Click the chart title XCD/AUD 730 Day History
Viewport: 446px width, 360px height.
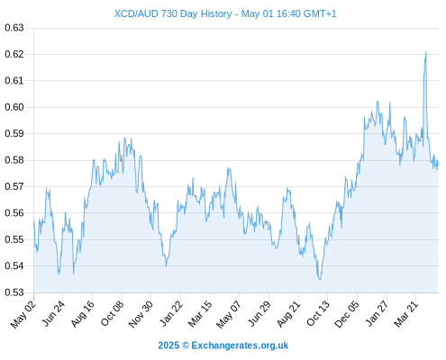(173, 13)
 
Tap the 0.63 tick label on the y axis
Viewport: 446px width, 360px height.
(14, 28)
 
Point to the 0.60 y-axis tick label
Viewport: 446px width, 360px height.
(14, 107)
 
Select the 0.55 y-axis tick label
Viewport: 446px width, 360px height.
(14, 239)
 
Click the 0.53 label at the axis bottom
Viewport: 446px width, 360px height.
(14, 292)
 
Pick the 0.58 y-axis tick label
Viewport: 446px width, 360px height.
(14, 160)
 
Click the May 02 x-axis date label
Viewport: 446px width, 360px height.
(23, 314)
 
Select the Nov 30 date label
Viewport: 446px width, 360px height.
(141, 314)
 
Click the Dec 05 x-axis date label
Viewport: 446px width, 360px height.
(347, 314)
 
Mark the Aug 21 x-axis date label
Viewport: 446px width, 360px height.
(288, 314)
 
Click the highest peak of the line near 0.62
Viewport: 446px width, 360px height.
(426, 52)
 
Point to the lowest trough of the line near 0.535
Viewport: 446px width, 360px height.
(320, 280)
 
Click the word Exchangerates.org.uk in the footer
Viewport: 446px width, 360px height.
(240, 346)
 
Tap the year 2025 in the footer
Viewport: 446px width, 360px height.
(168, 346)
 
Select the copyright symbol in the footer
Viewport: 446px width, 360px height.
(186, 346)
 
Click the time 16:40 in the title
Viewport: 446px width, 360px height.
(288, 13)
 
